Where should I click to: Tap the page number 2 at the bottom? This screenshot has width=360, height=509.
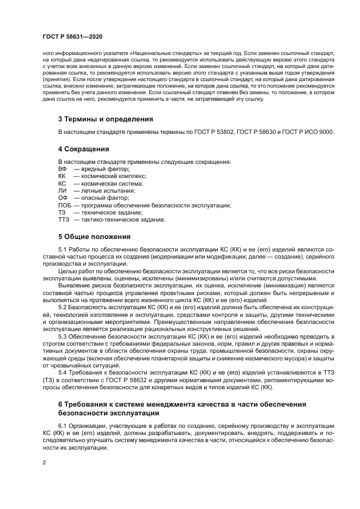(x=44, y=463)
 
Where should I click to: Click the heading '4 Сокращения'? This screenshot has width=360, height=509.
(x=84, y=149)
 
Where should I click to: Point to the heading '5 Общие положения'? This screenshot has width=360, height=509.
(x=94, y=236)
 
